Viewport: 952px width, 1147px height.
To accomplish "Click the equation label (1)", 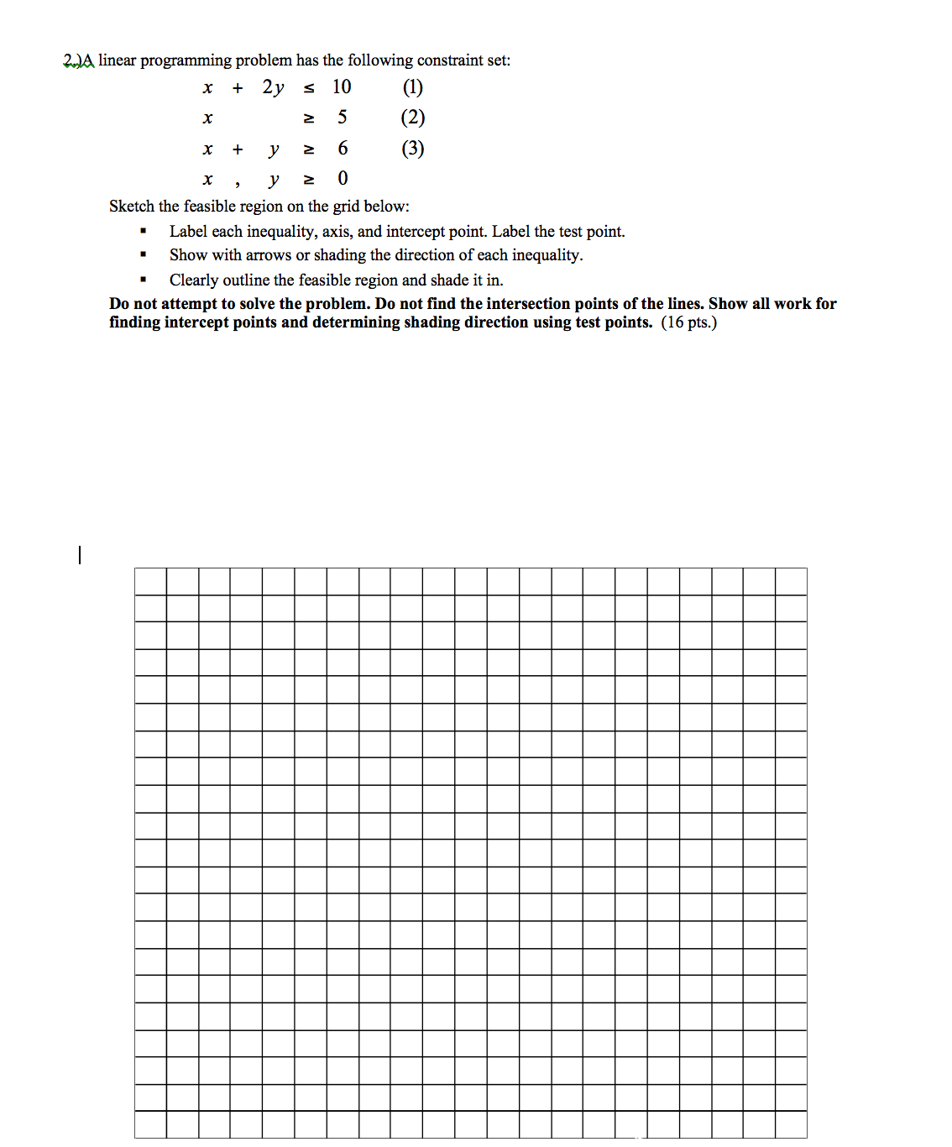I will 412,87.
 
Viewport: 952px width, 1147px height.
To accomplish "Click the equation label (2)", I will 412,118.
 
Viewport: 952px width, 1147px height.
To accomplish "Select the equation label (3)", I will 412,149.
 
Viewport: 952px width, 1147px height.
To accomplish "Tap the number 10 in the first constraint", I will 342,87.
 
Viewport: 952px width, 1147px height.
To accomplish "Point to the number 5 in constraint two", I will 342,118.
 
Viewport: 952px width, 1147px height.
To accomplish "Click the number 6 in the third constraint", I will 343,149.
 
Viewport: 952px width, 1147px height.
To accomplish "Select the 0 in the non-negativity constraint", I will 343,179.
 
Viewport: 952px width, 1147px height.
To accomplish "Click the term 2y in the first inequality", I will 273,87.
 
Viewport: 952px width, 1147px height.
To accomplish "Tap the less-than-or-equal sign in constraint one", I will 309,88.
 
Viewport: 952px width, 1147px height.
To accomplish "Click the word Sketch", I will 132,207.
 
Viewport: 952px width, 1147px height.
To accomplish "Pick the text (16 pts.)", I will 688,322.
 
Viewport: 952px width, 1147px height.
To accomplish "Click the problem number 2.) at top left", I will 73,60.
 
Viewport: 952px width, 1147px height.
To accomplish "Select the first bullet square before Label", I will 144,232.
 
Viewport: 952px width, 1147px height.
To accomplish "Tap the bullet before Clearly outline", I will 144,280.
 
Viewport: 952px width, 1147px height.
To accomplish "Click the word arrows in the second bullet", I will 268,255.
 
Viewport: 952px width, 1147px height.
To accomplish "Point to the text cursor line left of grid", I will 80,555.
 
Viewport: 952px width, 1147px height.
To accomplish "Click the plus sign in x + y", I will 238,149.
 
